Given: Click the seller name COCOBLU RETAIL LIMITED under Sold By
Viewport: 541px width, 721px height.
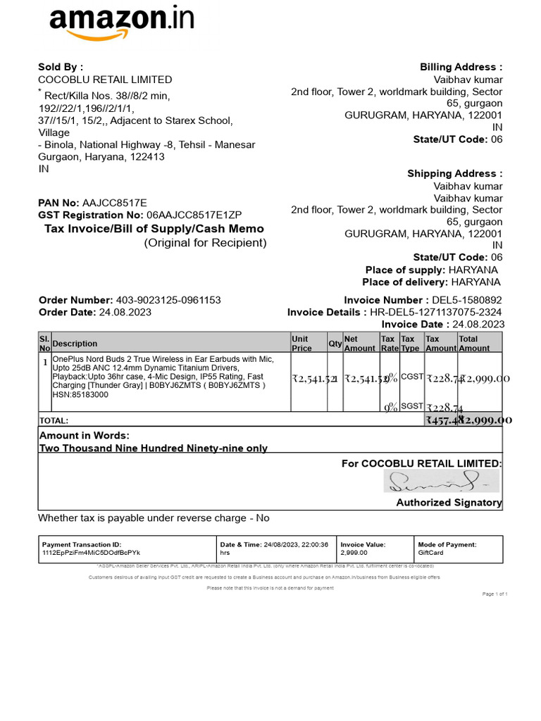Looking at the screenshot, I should pyautogui.click(x=105, y=80).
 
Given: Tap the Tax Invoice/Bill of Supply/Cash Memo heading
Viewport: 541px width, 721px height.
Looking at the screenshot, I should pyautogui.click(x=154, y=229).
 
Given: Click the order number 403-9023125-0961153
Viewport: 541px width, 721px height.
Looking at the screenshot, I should pyautogui.click(x=168, y=300).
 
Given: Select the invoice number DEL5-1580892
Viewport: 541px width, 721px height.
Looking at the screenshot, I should pyautogui.click(x=462, y=300).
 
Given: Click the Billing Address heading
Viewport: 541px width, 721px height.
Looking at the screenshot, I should pyautogui.click(x=461, y=67).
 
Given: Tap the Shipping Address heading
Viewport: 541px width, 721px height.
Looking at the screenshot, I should pyautogui.click(x=455, y=173).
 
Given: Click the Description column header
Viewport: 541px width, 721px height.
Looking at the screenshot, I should pyautogui.click(x=75, y=344).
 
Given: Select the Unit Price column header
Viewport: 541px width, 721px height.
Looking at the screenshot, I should pyautogui.click(x=301, y=343).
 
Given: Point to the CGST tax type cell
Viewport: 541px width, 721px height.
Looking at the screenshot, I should pyautogui.click(x=412, y=377).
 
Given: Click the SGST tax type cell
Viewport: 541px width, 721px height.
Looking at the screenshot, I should pyautogui.click(x=412, y=406).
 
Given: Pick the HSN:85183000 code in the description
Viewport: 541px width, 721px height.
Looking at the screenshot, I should pyautogui.click(x=79, y=395).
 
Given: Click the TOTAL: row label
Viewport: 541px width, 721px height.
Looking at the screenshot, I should pyautogui.click(x=54, y=420).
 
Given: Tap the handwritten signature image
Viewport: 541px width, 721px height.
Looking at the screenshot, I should pyautogui.click(x=441, y=482).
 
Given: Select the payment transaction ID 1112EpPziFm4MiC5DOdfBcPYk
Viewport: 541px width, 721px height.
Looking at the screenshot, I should pyautogui.click(x=92, y=553).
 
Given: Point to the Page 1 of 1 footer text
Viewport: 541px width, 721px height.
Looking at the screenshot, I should pyautogui.click(x=495, y=594).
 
